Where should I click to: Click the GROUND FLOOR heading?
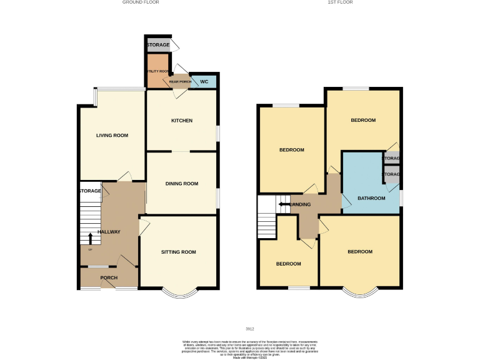(141, 2)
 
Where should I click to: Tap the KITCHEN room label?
(182, 121)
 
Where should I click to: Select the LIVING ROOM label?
(112, 135)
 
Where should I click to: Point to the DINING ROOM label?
(182, 184)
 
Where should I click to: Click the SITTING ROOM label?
(179, 252)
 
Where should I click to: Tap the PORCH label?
(109, 277)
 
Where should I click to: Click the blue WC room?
(204, 81)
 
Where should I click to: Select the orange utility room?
(157, 68)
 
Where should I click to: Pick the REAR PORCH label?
(180, 81)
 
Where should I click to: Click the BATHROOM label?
(371, 198)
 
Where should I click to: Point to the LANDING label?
(301, 204)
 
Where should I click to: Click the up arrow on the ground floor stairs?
(91, 239)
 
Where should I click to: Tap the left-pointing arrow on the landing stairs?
(284, 204)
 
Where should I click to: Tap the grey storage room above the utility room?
(157, 46)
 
